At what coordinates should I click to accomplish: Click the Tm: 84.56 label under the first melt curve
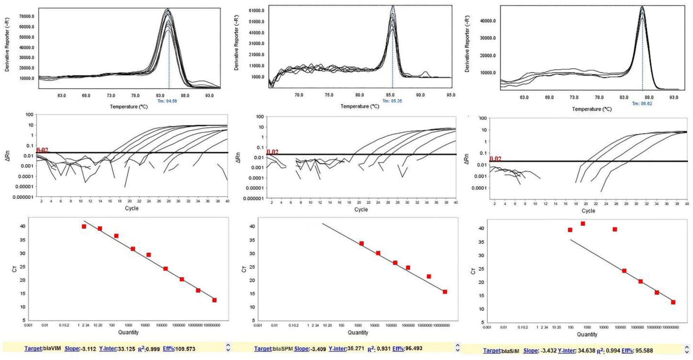tap(167, 101)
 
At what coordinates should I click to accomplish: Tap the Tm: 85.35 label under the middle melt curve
tap(392, 101)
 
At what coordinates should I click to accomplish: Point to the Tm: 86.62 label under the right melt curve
tap(642, 104)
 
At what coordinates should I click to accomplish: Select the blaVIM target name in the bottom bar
tap(52, 349)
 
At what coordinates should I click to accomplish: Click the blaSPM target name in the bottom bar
tap(283, 349)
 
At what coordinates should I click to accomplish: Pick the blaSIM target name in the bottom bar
tap(510, 351)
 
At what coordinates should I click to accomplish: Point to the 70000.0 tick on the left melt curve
tap(26, 16)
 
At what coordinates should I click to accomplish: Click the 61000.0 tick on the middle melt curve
tap(256, 11)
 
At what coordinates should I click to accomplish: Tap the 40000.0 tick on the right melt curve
tap(488, 21)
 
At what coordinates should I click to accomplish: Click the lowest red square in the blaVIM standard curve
tap(214, 300)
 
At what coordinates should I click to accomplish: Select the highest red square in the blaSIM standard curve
tap(583, 224)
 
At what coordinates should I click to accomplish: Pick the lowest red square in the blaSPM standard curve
tap(445, 292)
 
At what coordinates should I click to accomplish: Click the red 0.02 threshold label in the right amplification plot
tap(495, 159)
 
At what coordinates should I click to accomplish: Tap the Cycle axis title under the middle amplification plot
tap(361, 209)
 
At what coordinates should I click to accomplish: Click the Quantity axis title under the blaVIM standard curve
tap(128, 332)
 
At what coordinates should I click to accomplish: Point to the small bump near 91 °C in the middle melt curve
tap(426, 73)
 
